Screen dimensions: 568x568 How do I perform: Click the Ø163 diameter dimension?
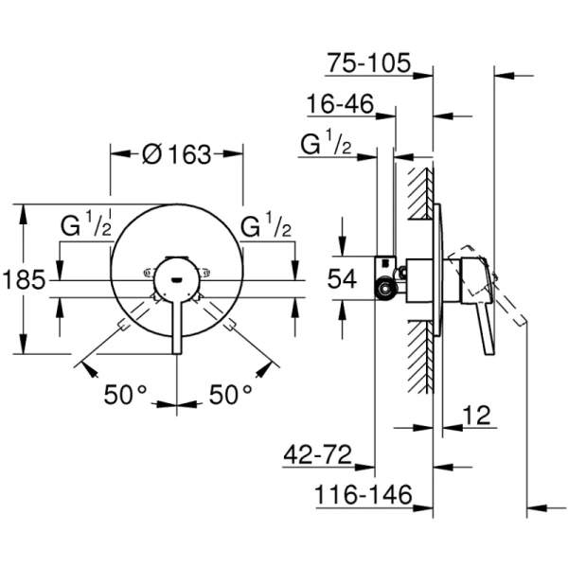click(x=177, y=155)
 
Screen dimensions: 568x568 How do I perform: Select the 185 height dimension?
click(x=23, y=279)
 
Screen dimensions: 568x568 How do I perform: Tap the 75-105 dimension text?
click(x=368, y=63)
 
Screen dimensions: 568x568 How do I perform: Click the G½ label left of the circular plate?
click(x=88, y=228)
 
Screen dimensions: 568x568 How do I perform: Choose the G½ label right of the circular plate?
click(x=266, y=228)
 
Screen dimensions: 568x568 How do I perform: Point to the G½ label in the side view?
click(x=328, y=144)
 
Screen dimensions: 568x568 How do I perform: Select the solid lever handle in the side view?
click(x=486, y=322)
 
